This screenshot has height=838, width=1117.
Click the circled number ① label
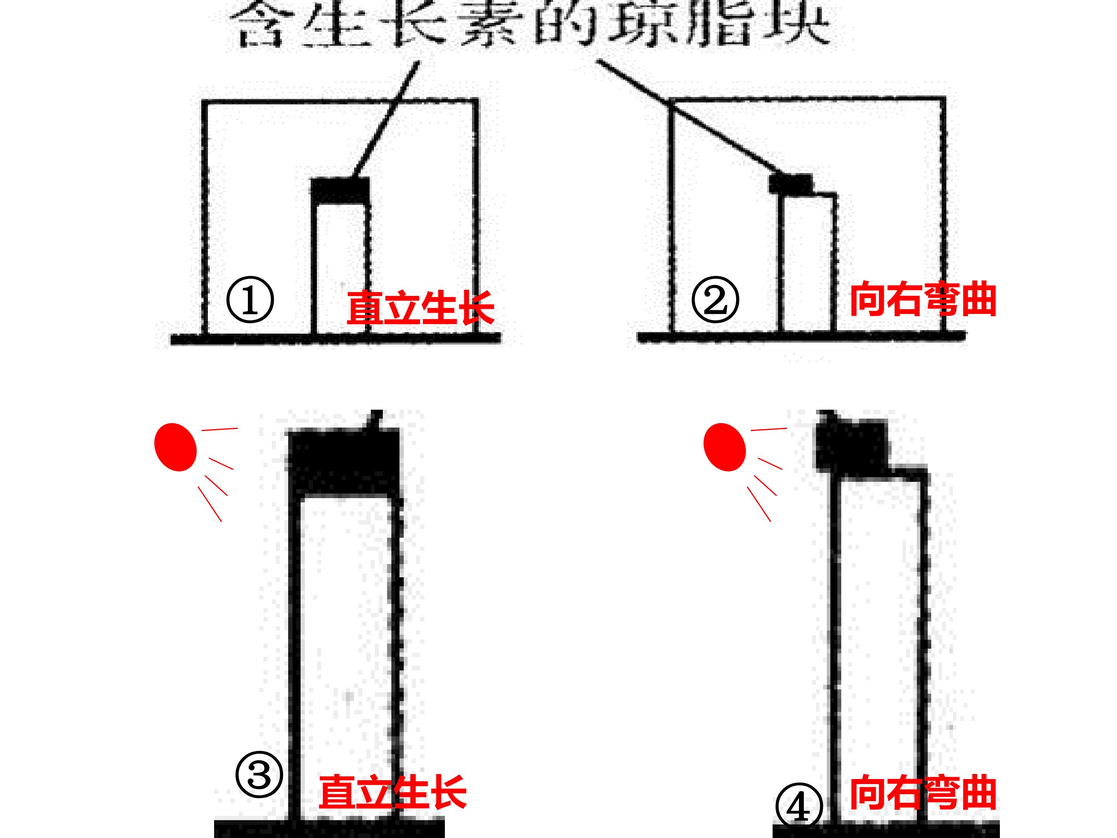tap(250, 300)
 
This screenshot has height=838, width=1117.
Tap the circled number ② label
tap(715, 300)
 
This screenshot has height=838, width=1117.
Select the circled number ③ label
tap(259, 776)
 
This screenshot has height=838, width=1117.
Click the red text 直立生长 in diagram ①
tap(420, 307)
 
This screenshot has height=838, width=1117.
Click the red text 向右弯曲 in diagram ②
tap(923, 300)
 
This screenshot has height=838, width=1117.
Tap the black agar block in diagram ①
tap(340, 190)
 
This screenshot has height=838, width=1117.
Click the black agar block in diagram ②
tap(791, 184)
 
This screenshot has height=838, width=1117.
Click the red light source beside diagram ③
tap(175, 447)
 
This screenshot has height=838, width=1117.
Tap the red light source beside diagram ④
tap(724, 447)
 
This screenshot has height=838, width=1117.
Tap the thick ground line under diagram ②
tap(802, 337)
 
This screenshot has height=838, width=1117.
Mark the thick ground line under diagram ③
tap(329, 828)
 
